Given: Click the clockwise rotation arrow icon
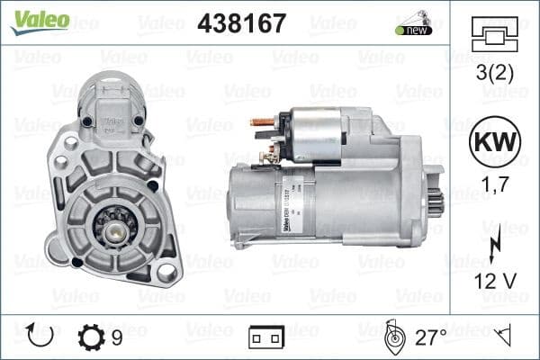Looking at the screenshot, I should click(x=40, y=337).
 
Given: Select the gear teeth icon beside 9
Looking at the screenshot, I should click(x=92, y=337).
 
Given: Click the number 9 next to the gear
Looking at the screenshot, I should click(x=117, y=337).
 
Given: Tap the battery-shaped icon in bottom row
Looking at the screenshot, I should click(x=266, y=338).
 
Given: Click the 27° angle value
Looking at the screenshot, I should click(x=431, y=337).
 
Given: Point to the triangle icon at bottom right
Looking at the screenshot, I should click(x=506, y=337).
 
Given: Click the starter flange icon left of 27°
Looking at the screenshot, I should click(x=392, y=337).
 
